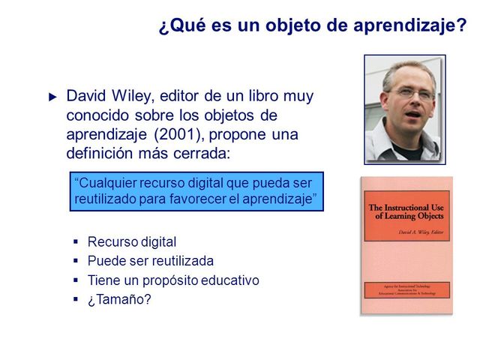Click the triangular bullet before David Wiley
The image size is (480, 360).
(52, 97)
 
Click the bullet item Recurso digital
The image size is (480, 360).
(132, 241)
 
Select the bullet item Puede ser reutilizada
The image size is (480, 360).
(151, 261)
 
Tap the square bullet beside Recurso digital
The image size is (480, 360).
(76, 241)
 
